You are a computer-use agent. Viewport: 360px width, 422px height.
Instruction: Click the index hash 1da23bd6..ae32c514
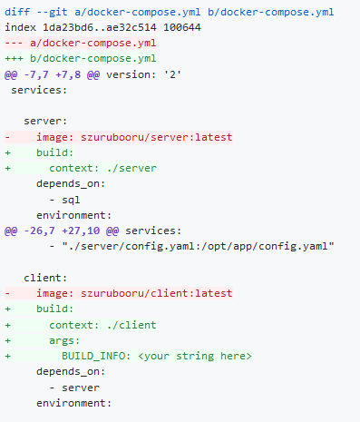tap(100, 27)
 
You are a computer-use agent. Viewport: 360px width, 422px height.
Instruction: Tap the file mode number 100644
tap(182, 27)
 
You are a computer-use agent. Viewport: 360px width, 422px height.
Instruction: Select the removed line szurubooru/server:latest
tap(156, 137)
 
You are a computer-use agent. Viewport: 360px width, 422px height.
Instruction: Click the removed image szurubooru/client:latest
tap(156, 293)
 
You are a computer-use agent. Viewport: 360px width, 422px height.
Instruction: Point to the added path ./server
tap(131, 168)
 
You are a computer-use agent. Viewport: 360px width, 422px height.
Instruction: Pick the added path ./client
tap(131, 325)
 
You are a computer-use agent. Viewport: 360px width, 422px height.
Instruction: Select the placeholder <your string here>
tap(195, 356)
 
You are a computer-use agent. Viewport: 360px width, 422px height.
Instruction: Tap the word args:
tap(64, 341)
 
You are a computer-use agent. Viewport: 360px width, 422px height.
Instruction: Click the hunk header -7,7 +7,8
tap(52, 74)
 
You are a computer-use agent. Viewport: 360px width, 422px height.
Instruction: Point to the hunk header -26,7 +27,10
tap(62, 231)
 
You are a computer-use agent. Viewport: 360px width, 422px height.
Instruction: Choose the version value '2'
tap(172, 74)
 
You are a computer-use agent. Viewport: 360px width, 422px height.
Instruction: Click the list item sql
tap(71, 200)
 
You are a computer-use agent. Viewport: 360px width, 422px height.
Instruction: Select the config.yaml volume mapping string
tap(199, 247)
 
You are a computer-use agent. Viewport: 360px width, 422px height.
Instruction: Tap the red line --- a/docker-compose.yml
tap(81, 44)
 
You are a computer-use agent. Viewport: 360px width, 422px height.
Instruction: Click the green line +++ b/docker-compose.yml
tap(81, 58)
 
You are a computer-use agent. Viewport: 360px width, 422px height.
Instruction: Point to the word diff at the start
tap(17, 12)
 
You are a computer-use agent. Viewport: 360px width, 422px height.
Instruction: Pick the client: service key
tap(45, 278)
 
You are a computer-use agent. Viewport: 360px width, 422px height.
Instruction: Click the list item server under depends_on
tap(81, 388)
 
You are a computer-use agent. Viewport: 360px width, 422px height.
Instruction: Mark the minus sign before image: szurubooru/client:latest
tap(8, 293)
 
